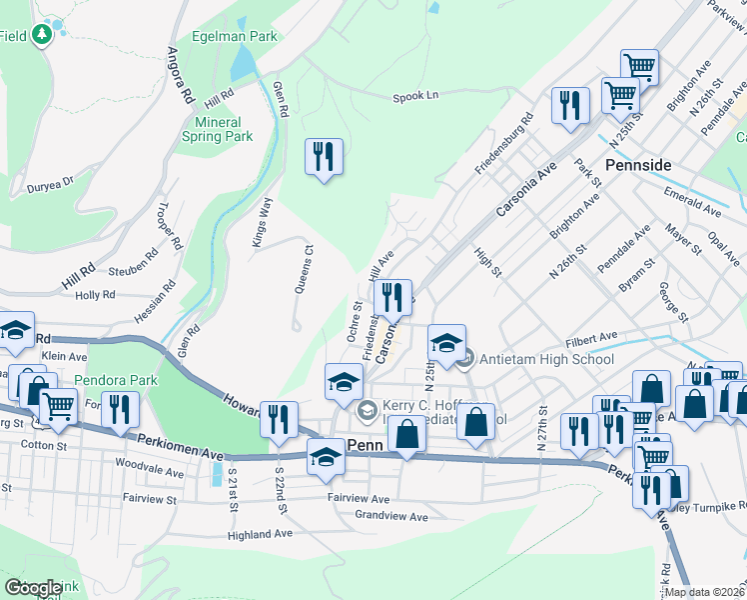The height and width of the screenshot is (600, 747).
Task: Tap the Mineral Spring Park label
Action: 217,129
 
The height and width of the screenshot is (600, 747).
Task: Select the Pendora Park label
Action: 116,381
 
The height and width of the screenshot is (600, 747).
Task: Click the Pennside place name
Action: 638,163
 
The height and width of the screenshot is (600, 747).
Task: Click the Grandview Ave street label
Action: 390,516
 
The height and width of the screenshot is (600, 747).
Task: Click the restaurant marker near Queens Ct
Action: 324,157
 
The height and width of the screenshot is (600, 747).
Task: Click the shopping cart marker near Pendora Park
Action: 59,406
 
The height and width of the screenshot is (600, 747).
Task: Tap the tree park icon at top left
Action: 41,36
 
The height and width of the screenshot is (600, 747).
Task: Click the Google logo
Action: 33,588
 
